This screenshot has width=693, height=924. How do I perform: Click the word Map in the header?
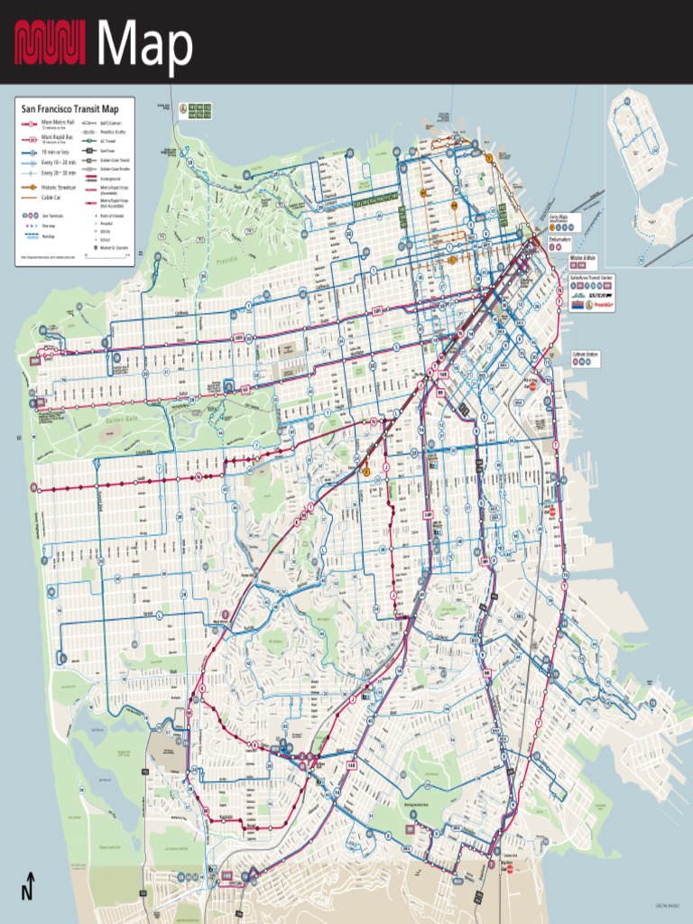pyautogui.click(x=144, y=44)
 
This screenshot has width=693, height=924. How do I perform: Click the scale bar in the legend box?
pyautogui.click(x=107, y=255)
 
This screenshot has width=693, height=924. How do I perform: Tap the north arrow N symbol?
pyautogui.click(x=29, y=886)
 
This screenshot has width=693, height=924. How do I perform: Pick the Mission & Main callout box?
pyautogui.click(x=585, y=259)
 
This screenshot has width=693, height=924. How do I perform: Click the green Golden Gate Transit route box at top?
pyautogui.click(x=199, y=110)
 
